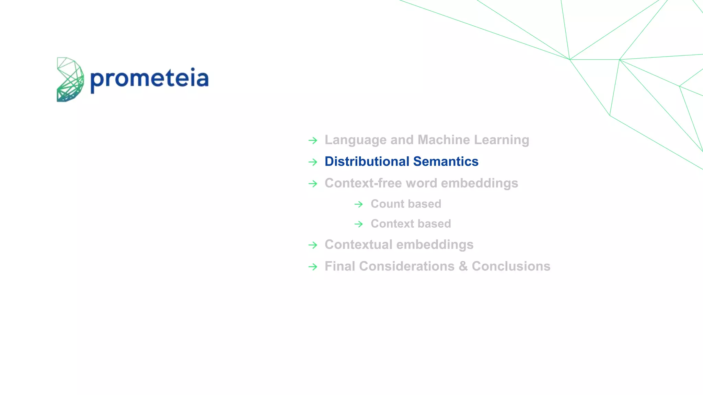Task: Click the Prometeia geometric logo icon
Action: click(x=70, y=80)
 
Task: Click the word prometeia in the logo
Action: click(x=149, y=79)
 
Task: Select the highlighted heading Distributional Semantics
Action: click(x=401, y=161)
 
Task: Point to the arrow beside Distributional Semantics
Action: click(x=313, y=162)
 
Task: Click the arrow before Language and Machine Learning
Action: click(x=313, y=140)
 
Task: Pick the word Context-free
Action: click(x=363, y=183)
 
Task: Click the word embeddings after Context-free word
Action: click(x=479, y=183)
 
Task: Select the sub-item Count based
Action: click(x=406, y=204)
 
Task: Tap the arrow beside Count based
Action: click(x=359, y=204)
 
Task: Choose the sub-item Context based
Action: click(x=411, y=224)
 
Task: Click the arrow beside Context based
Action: click(x=359, y=224)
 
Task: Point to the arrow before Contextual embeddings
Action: click(x=313, y=245)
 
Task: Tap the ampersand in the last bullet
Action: click(x=463, y=266)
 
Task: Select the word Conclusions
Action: click(x=511, y=266)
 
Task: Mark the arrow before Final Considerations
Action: click(x=313, y=267)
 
